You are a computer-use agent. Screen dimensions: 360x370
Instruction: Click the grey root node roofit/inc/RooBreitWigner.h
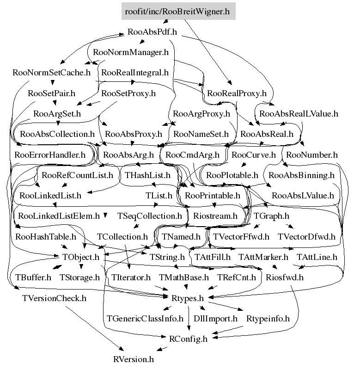(x=178, y=11)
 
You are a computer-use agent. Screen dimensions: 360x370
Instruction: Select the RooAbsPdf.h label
(x=152, y=32)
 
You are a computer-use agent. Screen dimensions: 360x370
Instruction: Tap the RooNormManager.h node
(x=131, y=52)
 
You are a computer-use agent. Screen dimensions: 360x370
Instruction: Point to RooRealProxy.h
(x=237, y=93)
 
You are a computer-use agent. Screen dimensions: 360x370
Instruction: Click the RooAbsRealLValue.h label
(x=299, y=113)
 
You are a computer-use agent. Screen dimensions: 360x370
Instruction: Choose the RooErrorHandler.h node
(x=50, y=155)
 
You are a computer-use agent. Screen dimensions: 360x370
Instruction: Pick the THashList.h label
(x=147, y=175)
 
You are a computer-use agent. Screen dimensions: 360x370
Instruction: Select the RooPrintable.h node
(x=212, y=196)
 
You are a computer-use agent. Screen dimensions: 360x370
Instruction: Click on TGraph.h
(x=271, y=216)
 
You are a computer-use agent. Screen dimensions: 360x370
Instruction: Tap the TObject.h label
(x=80, y=257)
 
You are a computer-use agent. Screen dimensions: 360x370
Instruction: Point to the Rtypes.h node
(x=188, y=298)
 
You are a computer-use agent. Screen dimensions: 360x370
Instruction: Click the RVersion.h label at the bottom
(x=134, y=359)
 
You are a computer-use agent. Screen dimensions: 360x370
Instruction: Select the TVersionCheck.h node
(x=54, y=298)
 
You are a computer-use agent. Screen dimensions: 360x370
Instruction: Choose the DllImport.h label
(x=215, y=319)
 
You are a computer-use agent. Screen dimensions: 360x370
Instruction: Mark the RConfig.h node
(x=188, y=339)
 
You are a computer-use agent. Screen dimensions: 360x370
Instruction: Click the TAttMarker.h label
(x=263, y=257)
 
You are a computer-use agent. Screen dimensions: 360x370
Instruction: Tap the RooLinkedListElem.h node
(x=59, y=216)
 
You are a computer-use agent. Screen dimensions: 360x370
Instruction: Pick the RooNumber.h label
(x=311, y=155)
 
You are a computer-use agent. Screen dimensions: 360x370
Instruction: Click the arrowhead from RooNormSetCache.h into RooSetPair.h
(x=53, y=83)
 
